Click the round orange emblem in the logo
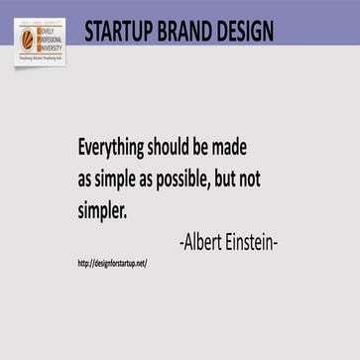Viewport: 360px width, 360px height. (x=27, y=38)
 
